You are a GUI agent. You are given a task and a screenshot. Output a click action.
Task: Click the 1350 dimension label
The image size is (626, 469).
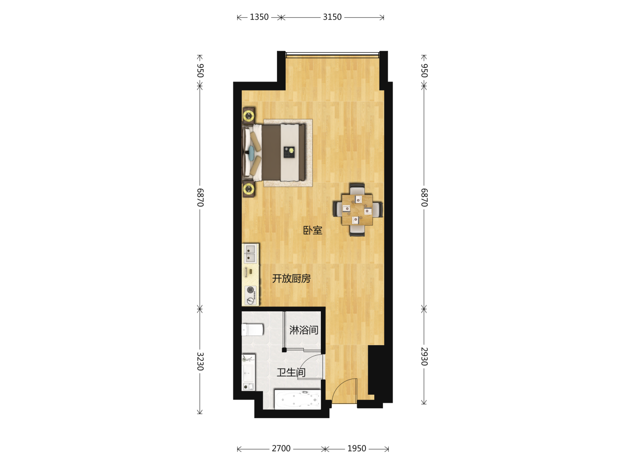click(x=259, y=17)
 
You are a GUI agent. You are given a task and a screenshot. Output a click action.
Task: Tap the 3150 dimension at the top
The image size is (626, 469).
click(x=332, y=17)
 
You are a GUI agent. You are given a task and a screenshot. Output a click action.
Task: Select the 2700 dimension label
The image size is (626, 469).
click(x=281, y=449)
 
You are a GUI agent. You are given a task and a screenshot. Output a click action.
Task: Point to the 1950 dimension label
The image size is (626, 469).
click(x=356, y=449)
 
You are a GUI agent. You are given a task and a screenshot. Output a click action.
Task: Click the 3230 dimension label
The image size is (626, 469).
click(x=200, y=361)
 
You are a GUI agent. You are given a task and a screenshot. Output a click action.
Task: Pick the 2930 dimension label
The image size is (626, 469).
click(x=424, y=357)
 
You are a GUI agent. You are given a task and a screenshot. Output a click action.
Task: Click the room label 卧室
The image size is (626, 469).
click(x=313, y=230)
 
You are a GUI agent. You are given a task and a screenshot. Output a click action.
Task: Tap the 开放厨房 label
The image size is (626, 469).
click(x=291, y=278)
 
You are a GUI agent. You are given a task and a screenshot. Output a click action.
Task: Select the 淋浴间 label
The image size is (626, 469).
click(x=304, y=330)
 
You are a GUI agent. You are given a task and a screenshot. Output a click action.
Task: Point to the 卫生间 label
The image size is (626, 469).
click(x=291, y=372)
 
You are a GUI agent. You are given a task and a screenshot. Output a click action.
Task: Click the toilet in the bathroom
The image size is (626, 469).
click(x=253, y=330)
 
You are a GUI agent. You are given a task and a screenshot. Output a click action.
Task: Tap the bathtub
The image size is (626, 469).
click(x=298, y=399)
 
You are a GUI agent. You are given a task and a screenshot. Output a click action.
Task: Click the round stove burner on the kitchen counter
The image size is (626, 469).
click(x=250, y=290)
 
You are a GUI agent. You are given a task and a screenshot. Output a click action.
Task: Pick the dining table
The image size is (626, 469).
click(x=357, y=210)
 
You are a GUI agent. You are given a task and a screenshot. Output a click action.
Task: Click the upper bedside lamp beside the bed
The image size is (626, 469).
click(x=249, y=116)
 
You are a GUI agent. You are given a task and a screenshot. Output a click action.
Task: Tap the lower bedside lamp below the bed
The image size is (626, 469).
click(x=249, y=188)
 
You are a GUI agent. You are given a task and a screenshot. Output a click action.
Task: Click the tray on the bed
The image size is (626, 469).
click(x=289, y=152)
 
